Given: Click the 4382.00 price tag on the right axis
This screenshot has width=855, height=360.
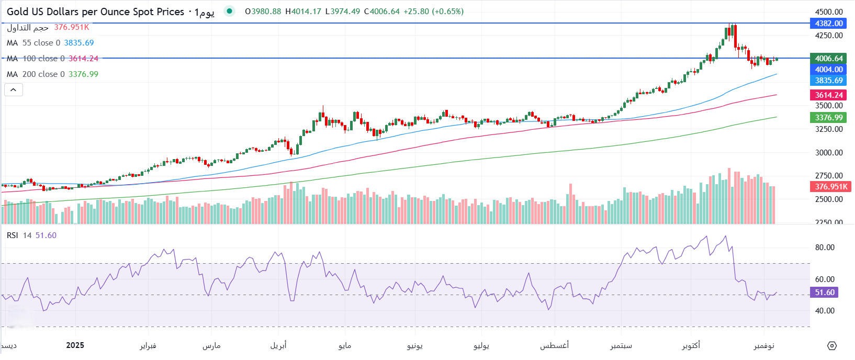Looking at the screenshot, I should click(x=829, y=24).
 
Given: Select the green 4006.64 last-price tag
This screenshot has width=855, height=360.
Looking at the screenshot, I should click(x=829, y=59).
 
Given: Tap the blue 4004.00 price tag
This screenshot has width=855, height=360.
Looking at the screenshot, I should click(x=829, y=70).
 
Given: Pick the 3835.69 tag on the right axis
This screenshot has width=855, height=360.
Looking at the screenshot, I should click(x=829, y=81).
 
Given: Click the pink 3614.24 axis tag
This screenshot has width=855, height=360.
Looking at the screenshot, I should click(x=829, y=95).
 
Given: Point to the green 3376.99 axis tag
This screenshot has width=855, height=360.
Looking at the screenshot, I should click(x=829, y=118).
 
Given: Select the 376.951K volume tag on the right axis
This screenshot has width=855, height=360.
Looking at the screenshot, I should click(x=831, y=187).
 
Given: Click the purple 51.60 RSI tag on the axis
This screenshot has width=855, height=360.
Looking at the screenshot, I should click(x=825, y=292).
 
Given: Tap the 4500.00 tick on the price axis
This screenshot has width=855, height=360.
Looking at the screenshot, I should click(x=829, y=12).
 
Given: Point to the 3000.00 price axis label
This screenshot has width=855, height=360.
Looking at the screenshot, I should click(x=829, y=153).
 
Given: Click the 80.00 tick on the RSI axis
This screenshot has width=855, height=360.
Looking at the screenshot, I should click(x=825, y=248).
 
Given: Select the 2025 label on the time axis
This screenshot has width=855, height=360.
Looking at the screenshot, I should click(x=75, y=345).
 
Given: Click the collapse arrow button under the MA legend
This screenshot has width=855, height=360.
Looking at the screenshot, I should click(x=14, y=90).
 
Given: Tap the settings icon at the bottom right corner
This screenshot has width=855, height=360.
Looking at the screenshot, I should click(x=832, y=346).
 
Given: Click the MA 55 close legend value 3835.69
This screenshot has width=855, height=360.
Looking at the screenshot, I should click(x=79, y=43).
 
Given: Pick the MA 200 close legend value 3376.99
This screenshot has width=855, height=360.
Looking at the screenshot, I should click(x=83, y=74).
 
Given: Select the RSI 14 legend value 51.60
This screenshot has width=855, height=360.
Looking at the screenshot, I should click(x=46, y=235).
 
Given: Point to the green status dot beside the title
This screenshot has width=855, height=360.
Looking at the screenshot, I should click(x=229, y=11).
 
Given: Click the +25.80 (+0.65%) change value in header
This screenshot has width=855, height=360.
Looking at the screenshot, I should click(x=433, y=12).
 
